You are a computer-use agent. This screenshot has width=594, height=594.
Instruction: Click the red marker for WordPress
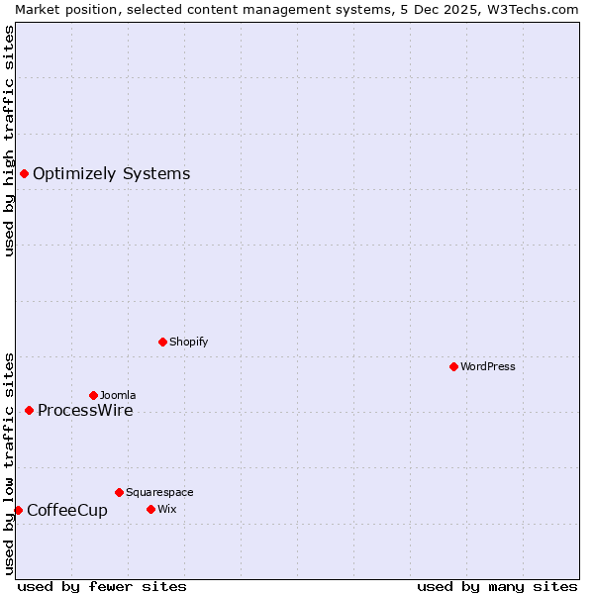453,366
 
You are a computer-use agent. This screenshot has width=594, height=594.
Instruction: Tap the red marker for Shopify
162,342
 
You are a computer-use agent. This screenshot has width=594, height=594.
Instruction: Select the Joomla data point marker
93,395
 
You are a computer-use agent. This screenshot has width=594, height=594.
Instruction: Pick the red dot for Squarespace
119,492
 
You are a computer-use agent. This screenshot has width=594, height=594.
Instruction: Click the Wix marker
150,509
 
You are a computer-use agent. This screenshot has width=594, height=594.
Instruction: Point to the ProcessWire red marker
29,410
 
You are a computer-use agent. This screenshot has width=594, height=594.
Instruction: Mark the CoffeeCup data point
18,510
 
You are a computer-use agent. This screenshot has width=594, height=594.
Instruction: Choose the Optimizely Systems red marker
24,173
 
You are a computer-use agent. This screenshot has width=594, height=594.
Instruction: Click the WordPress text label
488,366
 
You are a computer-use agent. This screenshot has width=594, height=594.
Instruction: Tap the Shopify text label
188,342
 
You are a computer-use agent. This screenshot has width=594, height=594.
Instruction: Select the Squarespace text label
159,492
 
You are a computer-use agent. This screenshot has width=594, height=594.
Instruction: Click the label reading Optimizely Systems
111,174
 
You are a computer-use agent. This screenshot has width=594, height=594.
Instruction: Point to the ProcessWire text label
85,411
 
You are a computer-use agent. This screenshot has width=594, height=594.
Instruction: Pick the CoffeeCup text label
67,511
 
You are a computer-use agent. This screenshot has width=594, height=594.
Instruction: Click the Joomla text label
118,395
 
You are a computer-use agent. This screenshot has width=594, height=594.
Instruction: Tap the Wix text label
166,509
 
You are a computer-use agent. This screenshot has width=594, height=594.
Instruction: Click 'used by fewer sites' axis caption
102,586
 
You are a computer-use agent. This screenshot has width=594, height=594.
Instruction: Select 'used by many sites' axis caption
497,586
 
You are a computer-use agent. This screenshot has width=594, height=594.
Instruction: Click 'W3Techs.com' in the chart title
539,9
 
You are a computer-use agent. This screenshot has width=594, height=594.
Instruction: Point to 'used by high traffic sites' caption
9,141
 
